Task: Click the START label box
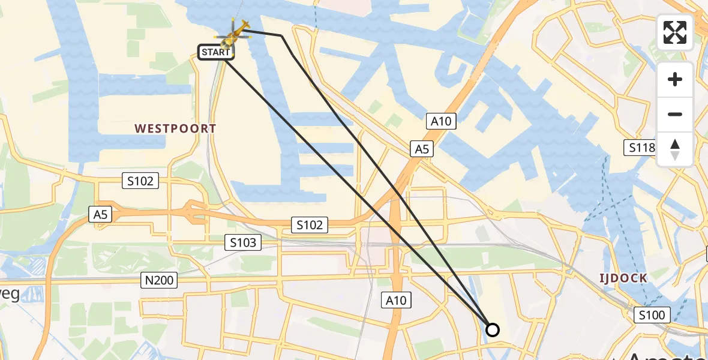point(215,52)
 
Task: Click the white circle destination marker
point(492,329)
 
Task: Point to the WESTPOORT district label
point(175,128)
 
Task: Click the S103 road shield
point(244,242)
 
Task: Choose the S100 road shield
point(652,314)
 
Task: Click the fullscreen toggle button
point(675,32)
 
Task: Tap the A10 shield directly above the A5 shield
point(441,121)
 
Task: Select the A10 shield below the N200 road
point(396,300)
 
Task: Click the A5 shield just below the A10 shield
point(422,149)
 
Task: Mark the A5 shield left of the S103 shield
point(99,215)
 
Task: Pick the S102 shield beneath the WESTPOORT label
point(140,181)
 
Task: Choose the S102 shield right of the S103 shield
point(310,225)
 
